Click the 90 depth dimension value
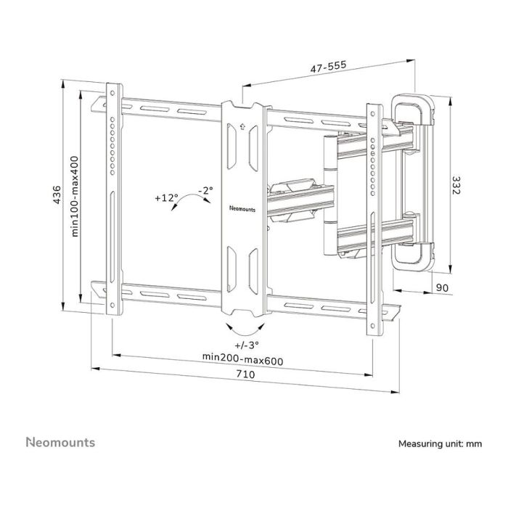(x=442, y=288)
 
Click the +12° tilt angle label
(x=165, y=197)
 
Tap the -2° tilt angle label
(x=206, y=190)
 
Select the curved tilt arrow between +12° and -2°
(x=186, y=201)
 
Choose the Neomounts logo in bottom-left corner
(x=60, y=442)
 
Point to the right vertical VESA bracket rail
(x=374, y=218)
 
